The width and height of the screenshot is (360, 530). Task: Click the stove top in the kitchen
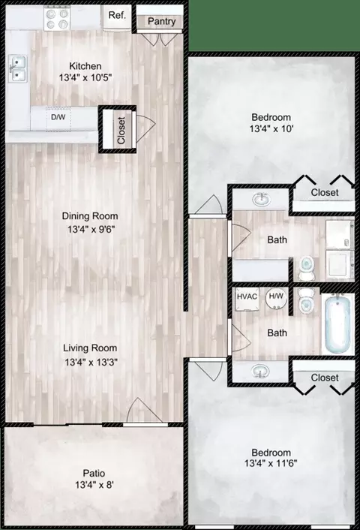(57, 19)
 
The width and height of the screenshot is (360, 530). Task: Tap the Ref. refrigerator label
(117, 15)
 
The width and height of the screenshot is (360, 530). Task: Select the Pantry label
(161, 22)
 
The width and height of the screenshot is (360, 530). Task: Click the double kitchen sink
(18, 68)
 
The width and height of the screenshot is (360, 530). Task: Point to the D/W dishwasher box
(58, 118)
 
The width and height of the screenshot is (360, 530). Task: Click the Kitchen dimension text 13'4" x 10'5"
(85, 78)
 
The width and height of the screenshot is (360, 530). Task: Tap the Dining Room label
(90, 216)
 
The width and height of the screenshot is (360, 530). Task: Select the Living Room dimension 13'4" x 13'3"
(91, 363)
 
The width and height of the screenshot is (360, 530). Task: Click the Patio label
(94, 473)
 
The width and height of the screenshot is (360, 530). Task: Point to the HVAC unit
(247, 299)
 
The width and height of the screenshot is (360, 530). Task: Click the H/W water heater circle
(276, 298)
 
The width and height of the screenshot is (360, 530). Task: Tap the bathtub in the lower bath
(337, 324)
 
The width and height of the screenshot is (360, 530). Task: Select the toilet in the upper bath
(307, 269)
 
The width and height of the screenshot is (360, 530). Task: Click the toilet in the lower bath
(307, 301)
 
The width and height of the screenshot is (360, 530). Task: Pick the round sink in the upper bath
(261, 200)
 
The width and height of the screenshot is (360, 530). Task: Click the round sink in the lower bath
(260, 371)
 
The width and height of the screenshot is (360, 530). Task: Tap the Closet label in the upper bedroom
(325, 192)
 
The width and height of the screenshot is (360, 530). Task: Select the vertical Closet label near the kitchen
(121, 131)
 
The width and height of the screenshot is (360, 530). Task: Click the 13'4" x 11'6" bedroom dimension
(271, 463)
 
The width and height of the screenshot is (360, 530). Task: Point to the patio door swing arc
(139, 404)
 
